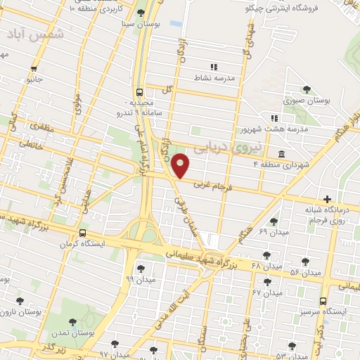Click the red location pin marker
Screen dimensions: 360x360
click(x=181, y=165)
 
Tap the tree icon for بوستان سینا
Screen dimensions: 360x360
click(x=141, y=13)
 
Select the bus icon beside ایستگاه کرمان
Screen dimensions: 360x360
click(x=83, y=233)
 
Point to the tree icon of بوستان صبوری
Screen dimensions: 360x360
click(x=306, y=89)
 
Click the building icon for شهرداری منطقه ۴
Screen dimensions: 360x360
click(x=281, y=154)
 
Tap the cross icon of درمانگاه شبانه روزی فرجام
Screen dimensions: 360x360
click(x=325, y=200)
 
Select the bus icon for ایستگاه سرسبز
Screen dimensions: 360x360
click(x=323, y=300)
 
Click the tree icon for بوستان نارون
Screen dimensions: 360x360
click(x=19, y=300)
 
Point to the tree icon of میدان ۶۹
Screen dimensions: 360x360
click(x=274, y=221)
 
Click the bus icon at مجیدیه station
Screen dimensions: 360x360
click(x=139, y=92)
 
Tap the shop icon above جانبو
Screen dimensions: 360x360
click(x=34, y=68)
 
